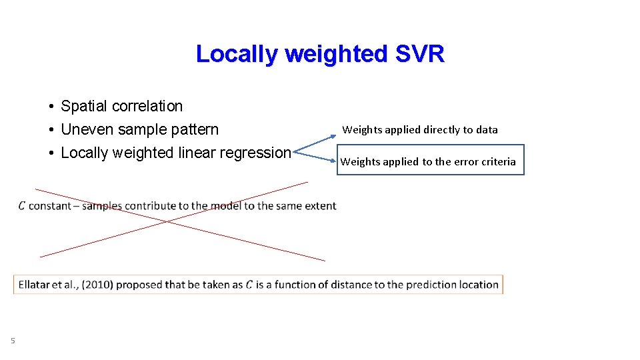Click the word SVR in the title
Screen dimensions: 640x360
pyautogui.click(x=419, y=54)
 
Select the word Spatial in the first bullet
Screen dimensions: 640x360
pyautogui.click(x=84, y=106)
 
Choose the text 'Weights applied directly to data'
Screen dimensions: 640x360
pyautogui.click(x=420, y=129)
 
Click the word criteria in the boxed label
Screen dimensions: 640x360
pyautogui.click(x=495, y=161)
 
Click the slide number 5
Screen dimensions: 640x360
pyautogui.click(x=13, y=341)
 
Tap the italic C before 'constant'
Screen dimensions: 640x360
pyautogui.click(x=22, y=206)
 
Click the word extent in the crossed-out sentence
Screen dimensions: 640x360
pyautogui.click(x=320, y=206)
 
